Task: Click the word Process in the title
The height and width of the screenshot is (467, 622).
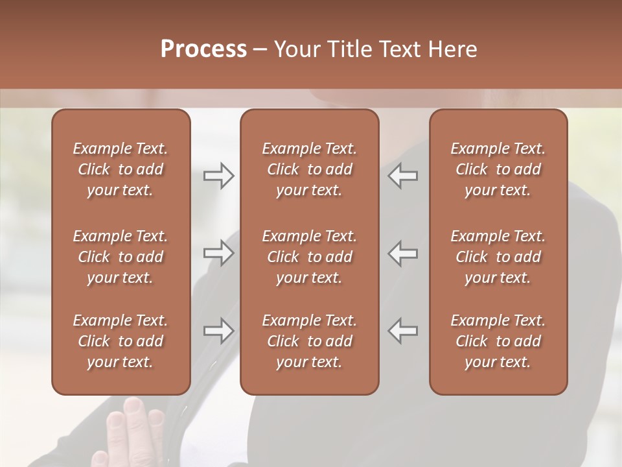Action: click(203, 49)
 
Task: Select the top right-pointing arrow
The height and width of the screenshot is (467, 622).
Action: click(218, 176)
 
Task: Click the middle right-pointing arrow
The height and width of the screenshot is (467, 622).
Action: click(218, 253)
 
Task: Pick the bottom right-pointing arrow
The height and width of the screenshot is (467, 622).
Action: click(218, 331)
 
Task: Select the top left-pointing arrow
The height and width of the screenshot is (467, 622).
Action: click(403, 176)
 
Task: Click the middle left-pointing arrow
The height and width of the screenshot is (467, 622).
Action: click(403, 253)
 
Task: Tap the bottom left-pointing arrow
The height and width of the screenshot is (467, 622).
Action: click(403, 331)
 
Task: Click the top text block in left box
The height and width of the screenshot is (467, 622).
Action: click(121, 169)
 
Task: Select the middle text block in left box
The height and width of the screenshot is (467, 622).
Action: click(121, 257)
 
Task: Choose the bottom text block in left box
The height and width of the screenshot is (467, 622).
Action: click(121, 341)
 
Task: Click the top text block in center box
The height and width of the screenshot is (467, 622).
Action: click(309, 169)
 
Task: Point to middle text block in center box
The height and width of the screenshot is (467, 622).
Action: click(309, 257)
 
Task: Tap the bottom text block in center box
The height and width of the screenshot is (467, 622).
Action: click(309, 341)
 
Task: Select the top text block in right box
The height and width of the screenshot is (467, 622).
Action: click(498, 169)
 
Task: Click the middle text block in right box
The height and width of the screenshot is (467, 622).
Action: click(498, 257)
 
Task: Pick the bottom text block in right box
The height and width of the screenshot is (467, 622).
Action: click(498, 341)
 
